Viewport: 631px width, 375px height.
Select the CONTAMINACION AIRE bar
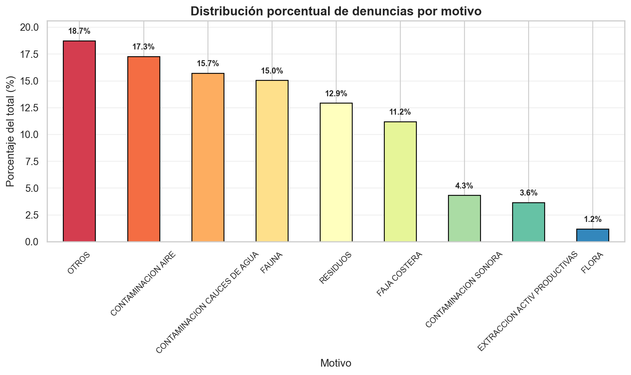(x=144, y=149)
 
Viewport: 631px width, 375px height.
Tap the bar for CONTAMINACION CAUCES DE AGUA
(x=208, y=157)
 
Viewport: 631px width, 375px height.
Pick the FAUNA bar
(x=272, y=161)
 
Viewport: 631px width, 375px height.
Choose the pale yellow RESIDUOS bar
(x=336, y=172)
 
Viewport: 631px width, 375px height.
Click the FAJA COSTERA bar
(x=400, y=181)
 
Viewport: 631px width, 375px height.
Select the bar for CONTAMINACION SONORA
(x=464, y=218)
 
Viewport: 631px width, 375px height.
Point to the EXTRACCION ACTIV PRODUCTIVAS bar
(x=528, y=222)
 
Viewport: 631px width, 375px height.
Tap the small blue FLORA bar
(x=593, y=235)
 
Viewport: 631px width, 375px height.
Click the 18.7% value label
(x=79, y=31)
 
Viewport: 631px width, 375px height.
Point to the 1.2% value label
(x=593, y=220)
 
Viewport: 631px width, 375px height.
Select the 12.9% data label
(x=336, y=94)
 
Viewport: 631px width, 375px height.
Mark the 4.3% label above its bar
(x=464, y=186)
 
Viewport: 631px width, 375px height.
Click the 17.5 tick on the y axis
(x=29, y=54)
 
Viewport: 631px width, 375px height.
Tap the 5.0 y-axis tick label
(x=32, y=188)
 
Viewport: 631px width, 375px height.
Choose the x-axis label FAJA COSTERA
(x=400, y=274)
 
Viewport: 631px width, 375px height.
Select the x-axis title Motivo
(x=336, y=363)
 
